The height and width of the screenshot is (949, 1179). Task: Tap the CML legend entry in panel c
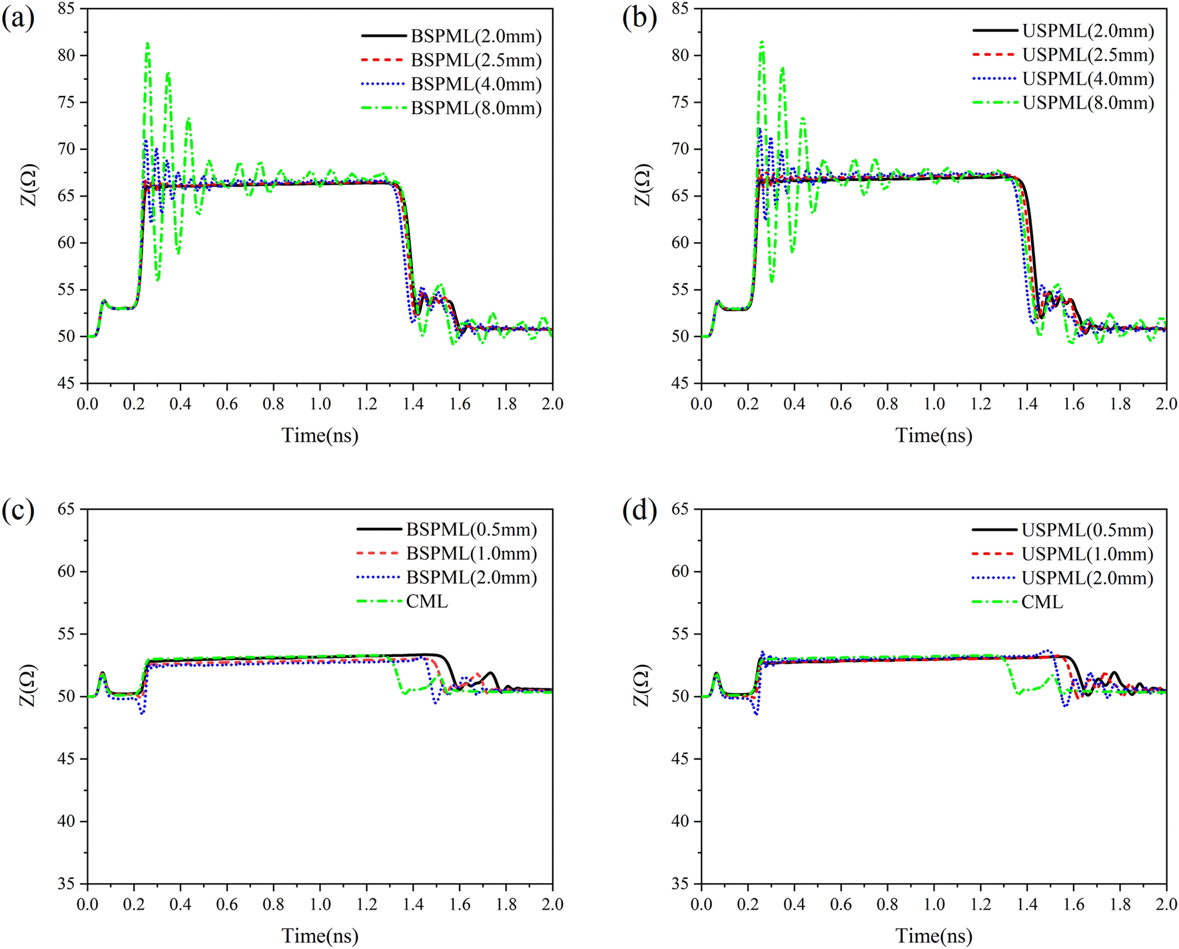tap(426, 601)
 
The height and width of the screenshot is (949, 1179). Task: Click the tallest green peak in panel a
tap(147, 44)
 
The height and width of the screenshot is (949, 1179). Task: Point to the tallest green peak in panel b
tap(761, 43)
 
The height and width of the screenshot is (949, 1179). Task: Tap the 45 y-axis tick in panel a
tap(67, 383)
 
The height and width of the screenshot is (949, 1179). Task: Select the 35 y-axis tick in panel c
tap(67, 884)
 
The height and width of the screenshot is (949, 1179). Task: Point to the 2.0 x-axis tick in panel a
tap(552, 403)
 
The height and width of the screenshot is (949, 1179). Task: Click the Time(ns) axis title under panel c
tap(320, 936)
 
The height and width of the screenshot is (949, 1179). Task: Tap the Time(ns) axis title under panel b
tap(933, 435)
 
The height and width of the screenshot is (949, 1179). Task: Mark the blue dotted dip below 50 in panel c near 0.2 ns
tap(142, 713)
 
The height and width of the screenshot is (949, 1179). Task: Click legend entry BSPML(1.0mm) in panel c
tap(471, 553)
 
